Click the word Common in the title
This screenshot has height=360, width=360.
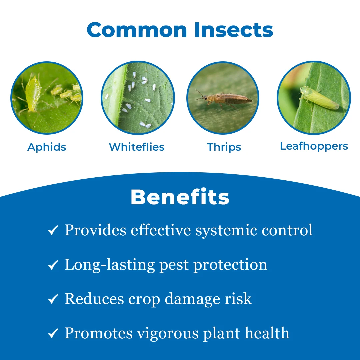[137, 30]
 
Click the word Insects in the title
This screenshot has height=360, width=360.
[234, 30]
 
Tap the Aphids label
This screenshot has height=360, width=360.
[47, 147]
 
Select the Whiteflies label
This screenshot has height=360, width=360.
[137, 147]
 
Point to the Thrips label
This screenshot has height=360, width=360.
[224, 147]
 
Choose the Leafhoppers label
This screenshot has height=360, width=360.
[314, 146]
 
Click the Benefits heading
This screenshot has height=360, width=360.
[180, 197]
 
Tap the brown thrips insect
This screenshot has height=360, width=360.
[224, 99]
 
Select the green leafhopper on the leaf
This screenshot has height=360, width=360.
[319, 98]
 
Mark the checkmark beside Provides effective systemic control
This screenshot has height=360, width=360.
[53, 230]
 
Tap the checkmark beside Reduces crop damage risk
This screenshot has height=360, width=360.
[53, 299]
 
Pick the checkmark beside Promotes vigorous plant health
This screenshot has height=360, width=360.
[53, 333]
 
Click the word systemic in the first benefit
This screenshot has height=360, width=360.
[226, 231]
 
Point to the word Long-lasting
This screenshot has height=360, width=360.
[110, 265]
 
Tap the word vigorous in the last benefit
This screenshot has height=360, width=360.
[168, 334]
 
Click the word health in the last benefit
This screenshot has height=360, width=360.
[267, 333]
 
